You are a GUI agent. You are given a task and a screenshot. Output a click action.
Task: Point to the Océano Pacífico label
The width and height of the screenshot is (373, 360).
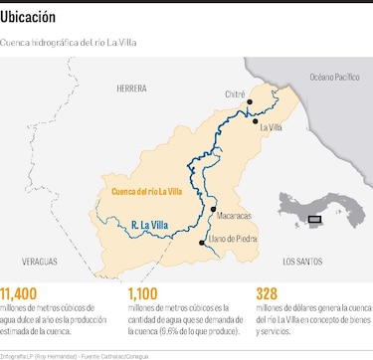point(334,77)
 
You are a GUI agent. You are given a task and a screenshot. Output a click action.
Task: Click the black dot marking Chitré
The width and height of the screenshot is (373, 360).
point(252,101)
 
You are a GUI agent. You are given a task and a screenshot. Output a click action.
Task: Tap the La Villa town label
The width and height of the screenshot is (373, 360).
point(271,127)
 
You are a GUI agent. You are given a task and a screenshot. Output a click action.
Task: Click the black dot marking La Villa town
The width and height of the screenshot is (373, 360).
point(256,120)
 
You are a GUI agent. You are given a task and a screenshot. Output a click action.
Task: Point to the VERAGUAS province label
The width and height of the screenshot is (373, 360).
point(33,261)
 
